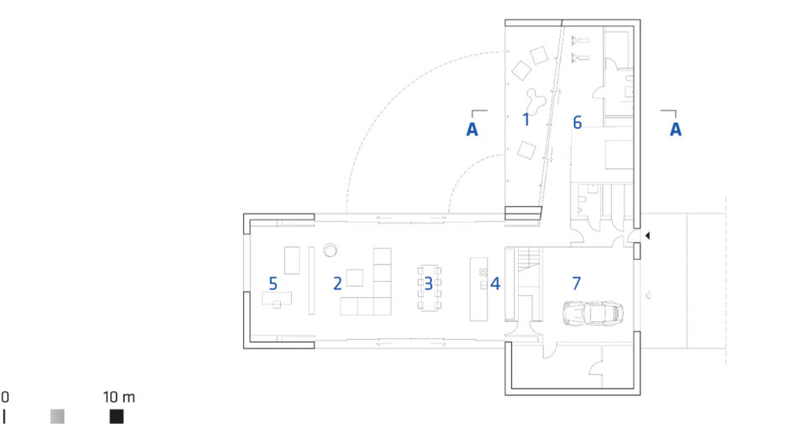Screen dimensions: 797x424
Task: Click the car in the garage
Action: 593,313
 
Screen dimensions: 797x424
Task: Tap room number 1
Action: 526,119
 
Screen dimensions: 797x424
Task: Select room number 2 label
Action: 337,284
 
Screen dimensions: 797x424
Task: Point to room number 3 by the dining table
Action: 429,284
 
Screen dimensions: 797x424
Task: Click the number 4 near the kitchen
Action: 495,284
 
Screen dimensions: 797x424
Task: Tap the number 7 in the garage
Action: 576,284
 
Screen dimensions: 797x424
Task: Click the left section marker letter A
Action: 472,129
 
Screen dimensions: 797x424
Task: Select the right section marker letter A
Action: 676,129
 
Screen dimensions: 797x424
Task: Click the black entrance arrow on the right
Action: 647,236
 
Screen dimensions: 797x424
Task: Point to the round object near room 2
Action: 330,250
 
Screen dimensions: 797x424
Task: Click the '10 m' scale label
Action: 119,397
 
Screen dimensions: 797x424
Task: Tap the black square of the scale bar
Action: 116,416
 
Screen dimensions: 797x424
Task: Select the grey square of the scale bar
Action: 57,416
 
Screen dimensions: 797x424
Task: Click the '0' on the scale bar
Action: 4,397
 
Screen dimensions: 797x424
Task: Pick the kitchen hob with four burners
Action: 483,273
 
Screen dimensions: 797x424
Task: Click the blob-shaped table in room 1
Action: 536,102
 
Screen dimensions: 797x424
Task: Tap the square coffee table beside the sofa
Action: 355,278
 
